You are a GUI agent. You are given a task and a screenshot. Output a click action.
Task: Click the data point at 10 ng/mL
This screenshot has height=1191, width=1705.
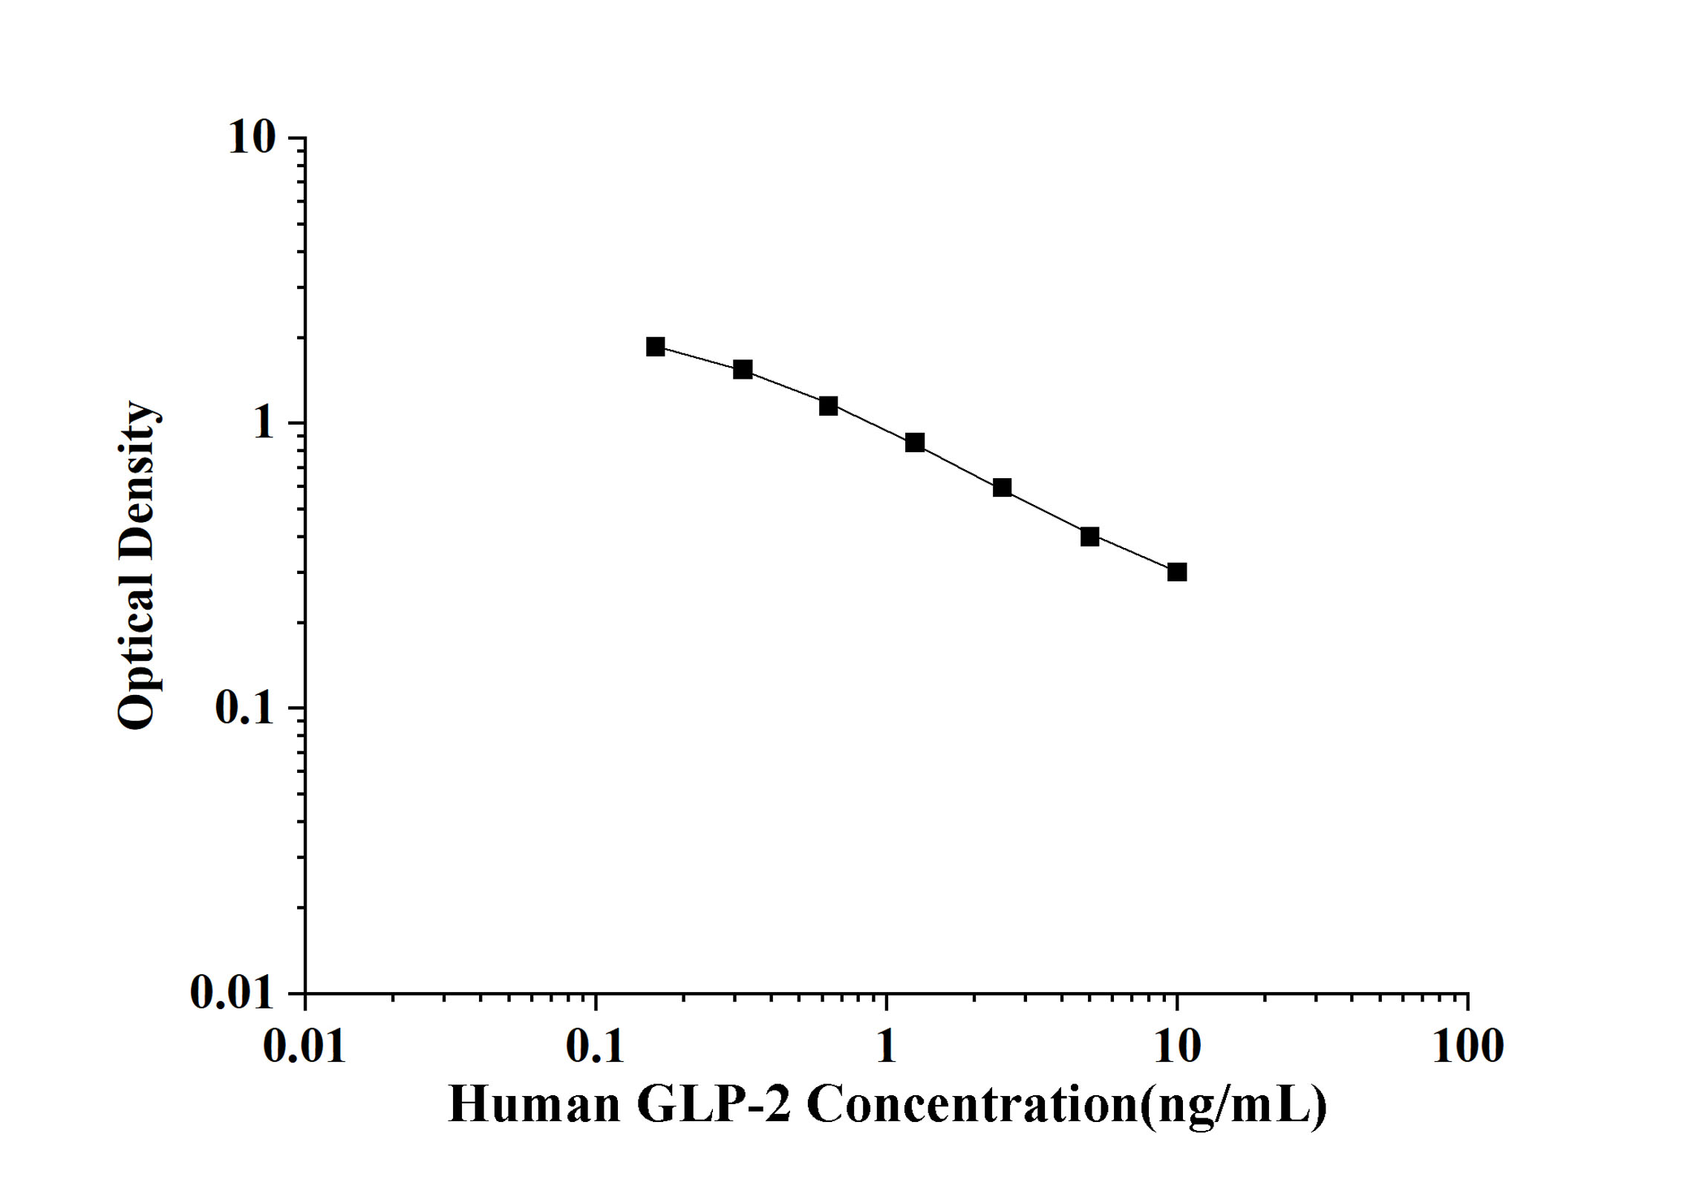tap(1176, 572)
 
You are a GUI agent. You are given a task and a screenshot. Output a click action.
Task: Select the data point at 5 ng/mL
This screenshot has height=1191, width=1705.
tap(1089, 536)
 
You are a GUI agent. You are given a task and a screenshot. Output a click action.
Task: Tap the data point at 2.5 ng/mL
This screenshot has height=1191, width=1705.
tap(1002, 488)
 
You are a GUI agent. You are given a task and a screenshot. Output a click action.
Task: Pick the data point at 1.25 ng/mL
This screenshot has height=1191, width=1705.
tap(915, 443)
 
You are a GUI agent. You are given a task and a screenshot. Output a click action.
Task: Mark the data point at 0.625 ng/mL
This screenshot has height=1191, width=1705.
tap(829, 406)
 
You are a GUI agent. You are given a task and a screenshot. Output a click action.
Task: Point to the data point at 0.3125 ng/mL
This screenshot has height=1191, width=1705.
tap(743, 369)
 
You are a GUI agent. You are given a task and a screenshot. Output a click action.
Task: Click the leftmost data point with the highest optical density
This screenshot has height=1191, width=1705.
tap(656, 347)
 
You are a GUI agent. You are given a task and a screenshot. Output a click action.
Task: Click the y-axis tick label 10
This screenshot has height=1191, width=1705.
tap(252, 138)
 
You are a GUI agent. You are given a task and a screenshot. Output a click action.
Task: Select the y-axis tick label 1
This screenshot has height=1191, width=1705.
tap(264, 423)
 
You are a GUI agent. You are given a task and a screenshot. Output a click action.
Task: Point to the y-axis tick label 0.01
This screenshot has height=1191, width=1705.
tap(232, 993)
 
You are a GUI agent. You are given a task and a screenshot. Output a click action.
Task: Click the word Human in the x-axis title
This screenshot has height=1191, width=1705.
tap(534, 1104)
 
